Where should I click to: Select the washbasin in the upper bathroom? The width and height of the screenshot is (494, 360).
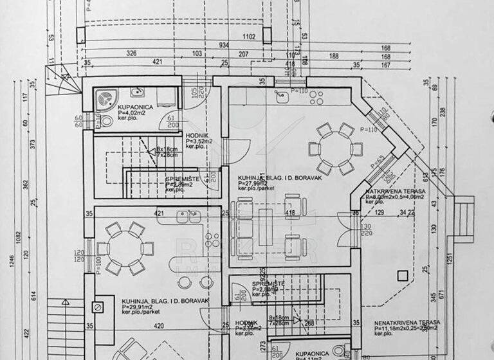136,92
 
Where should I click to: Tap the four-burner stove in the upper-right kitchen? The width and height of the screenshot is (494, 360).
316,97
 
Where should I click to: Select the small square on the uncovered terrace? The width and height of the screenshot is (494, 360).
403,277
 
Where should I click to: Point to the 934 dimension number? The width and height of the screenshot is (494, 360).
224,45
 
